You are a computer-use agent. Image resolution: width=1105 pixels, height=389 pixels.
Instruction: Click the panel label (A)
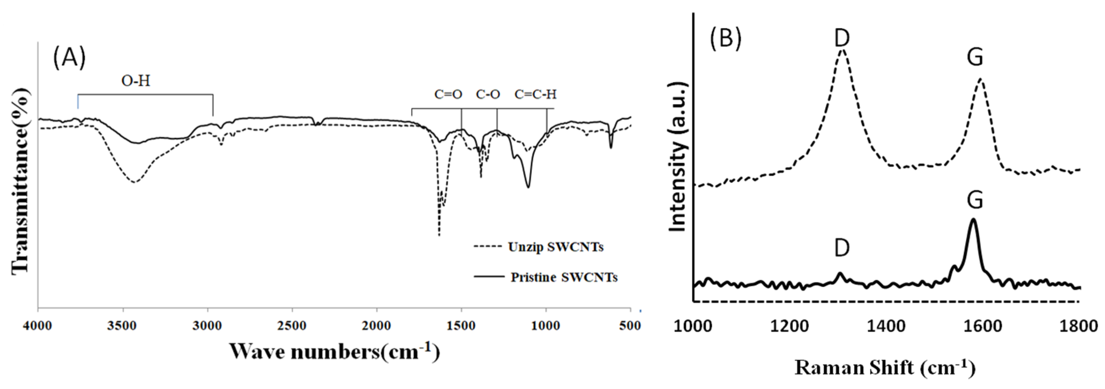pyautogui.click(x=69, y=59)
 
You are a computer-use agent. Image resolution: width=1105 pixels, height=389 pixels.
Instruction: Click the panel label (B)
pyautogui.click(x=725, y=39)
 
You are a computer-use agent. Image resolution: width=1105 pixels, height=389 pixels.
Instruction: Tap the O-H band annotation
pyautogui.click(x=136, y=81)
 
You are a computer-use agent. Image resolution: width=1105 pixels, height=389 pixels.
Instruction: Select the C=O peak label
pyautogui.click(x=448, y=94)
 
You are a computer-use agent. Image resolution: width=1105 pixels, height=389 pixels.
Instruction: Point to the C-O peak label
pyautogui.click(x=488, y=94)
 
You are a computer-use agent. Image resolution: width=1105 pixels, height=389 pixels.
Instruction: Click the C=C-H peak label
pyautogui.click(x=535, y=94)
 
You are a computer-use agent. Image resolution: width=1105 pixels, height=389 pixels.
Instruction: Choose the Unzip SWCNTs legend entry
pyautogui.click(x=555, y=247)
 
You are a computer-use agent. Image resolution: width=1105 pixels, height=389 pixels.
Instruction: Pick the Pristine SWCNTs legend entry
pyautogui.click(x=564, y=277)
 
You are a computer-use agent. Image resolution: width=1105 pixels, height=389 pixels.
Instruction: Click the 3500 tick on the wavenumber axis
pyautogui.click(x=123, y=326)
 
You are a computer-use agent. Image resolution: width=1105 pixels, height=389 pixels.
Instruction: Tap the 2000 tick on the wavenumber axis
pyautogui.click(x=377, y=326)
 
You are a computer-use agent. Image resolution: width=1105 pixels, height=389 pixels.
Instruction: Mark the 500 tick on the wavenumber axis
pyautogui.click(x=631, y=326)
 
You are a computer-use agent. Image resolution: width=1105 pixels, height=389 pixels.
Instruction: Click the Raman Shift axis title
pyautogui.click(x=885, y=368)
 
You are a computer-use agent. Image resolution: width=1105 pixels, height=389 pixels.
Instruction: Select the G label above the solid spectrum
pyautogui.click(x=975, y=201)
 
